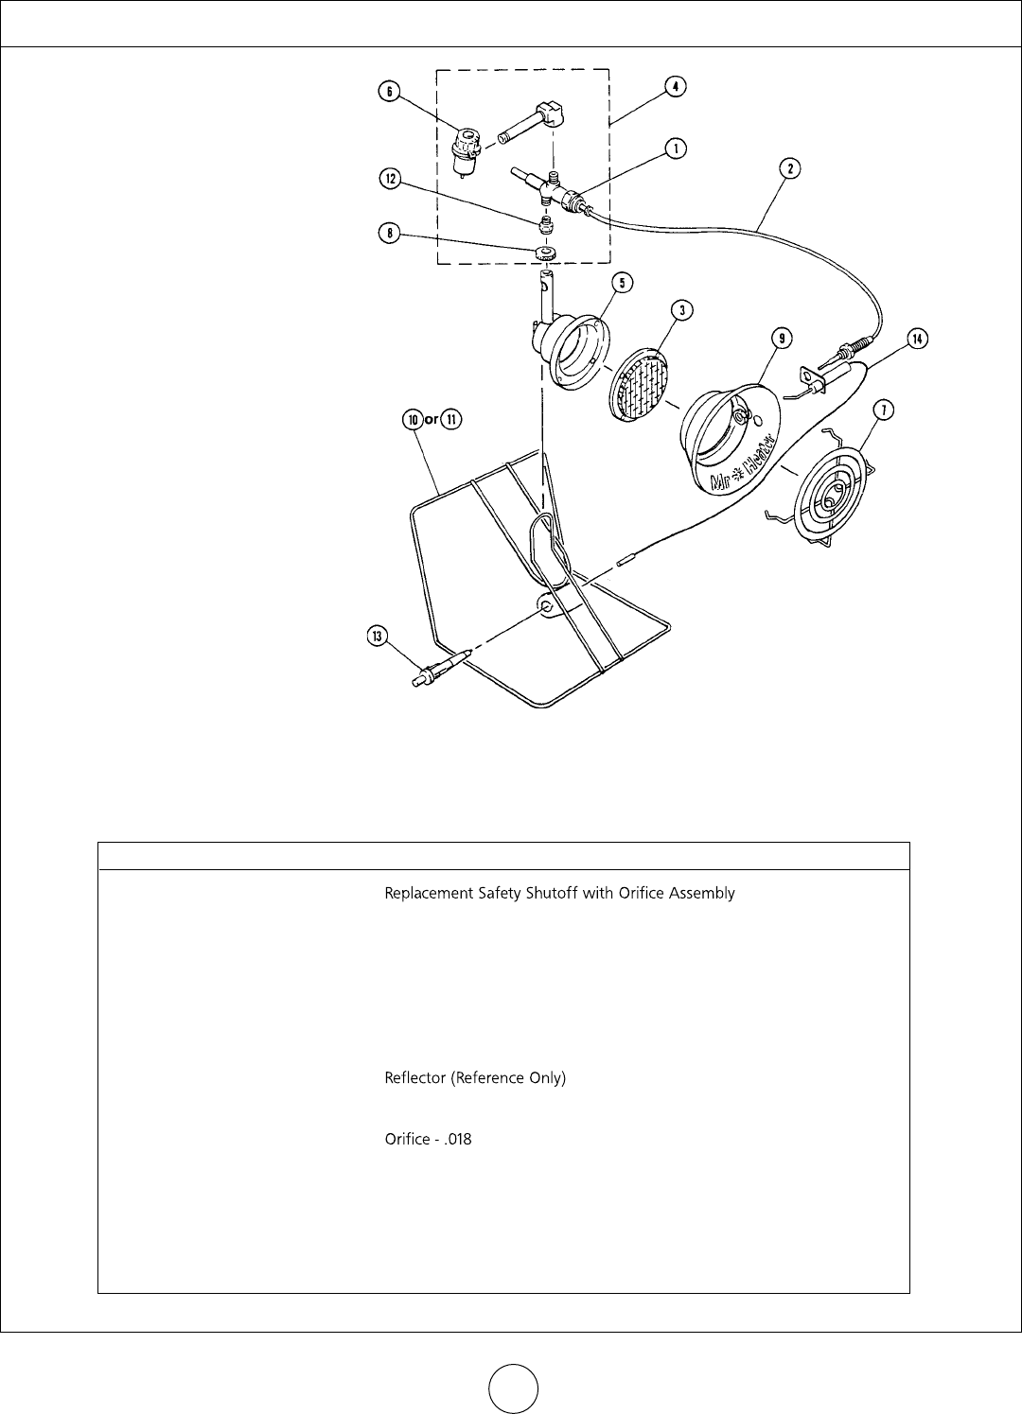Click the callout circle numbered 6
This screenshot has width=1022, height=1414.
pyautogui.click(x=387, y=92)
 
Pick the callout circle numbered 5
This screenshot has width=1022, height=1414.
pyautogui.click(x=597, y=282)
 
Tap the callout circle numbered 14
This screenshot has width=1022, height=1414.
pyautogui.click(x=915, y=339)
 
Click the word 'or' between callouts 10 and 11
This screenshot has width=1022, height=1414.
pyautogui.click(x=431, y=421)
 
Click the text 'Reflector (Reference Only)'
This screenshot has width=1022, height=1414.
pyautogui.click(x=475, y=1078)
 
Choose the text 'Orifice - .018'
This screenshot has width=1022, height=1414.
pyautogui.click(x=428, y=1140)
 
